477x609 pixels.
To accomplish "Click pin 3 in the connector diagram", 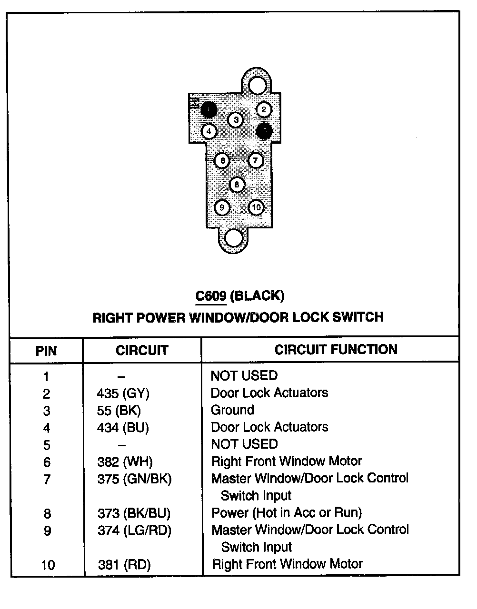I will click(x=236, y=120).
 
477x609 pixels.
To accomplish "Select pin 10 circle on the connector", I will click(x=256, y=207).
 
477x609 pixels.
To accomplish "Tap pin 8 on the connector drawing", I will click(x=237, y=185).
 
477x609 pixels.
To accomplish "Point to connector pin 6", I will click(x=222, y=161).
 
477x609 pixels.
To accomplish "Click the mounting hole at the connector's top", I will click(x=258, y=86).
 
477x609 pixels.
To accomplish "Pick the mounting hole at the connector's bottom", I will click(x=233, y=237).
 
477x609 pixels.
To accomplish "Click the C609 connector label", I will click(x=211, y=296).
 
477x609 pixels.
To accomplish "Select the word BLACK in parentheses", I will click(x=257, y=296).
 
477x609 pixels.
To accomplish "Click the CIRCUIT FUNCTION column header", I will click(x=336, y=350).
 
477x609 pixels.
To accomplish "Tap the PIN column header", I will click(x=46, y=351).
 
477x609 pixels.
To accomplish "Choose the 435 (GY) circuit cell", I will click(x=123, y=393).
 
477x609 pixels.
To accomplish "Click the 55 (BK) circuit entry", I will click(x=119, y=411).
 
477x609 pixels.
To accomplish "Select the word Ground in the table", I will click(x=232, y=410).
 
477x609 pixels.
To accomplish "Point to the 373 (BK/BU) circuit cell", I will click(x=134, y=513).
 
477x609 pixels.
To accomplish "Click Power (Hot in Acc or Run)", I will click(x=286, y=513).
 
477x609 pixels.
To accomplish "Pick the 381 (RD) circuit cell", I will click(x=124, y=565).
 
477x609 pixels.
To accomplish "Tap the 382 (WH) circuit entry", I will click(x=125, y=462).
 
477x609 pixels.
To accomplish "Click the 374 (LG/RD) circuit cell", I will click(x=134, y=530).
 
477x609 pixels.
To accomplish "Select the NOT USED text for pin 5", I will click(x=244, y=444).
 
